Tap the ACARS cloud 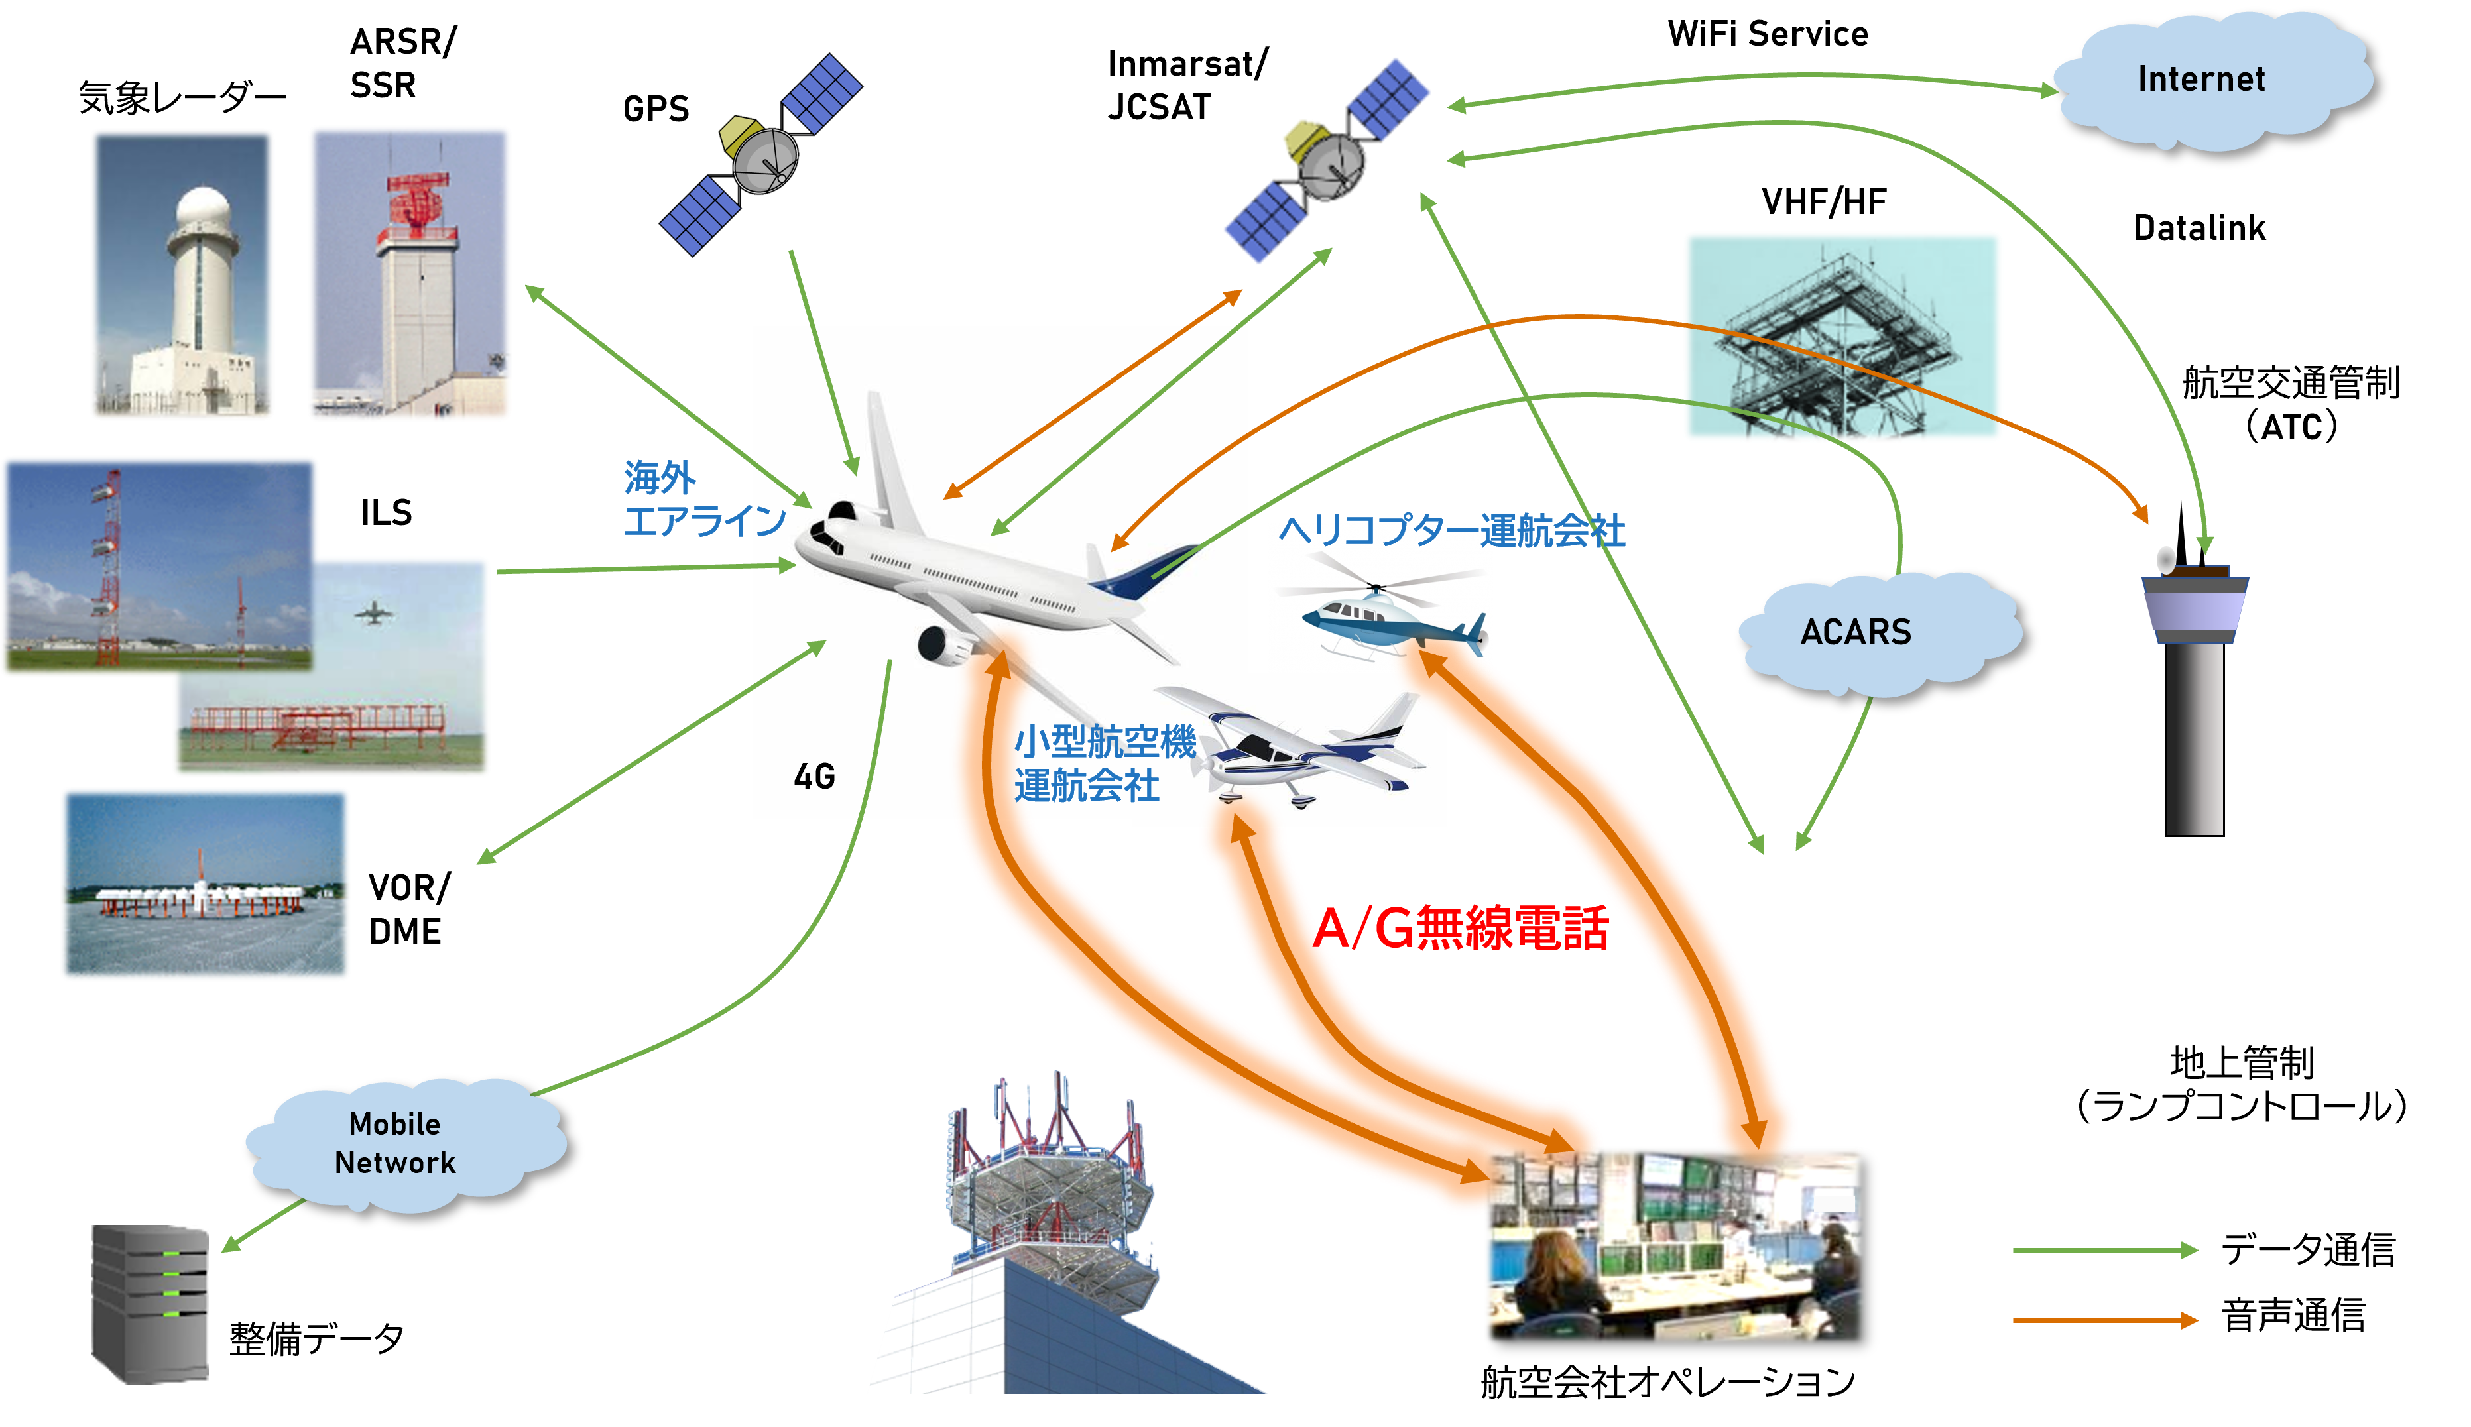pyautogui.click(x=1856, y=632)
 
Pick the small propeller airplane pyautogui.click(x=1294, y=750)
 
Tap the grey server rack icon pyautogui.click(x=150, y=1304)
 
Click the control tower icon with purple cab pyautogui.click(x=2195, y=686)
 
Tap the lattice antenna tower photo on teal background pyautogui.click(x=1842, y=336)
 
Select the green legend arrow pyautogui.click(x=2104, y=1251)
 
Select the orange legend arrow pyautogui.click(x=2104, y=1321)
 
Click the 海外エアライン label pyautogui.click(x=703, y=499)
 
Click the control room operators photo pyautogui.click(x=1673, y=1245)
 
